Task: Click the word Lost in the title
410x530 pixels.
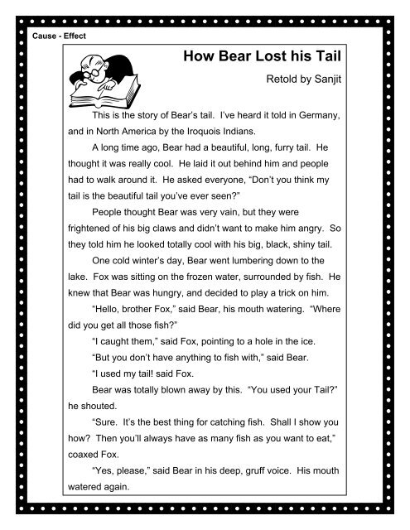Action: tap(274, 57)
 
